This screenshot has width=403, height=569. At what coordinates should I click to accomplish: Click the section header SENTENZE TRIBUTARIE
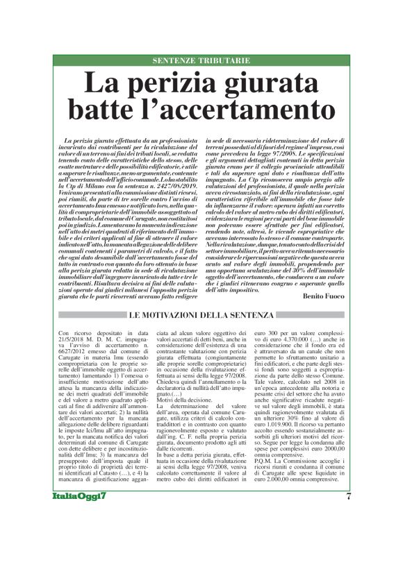(201, 60)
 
